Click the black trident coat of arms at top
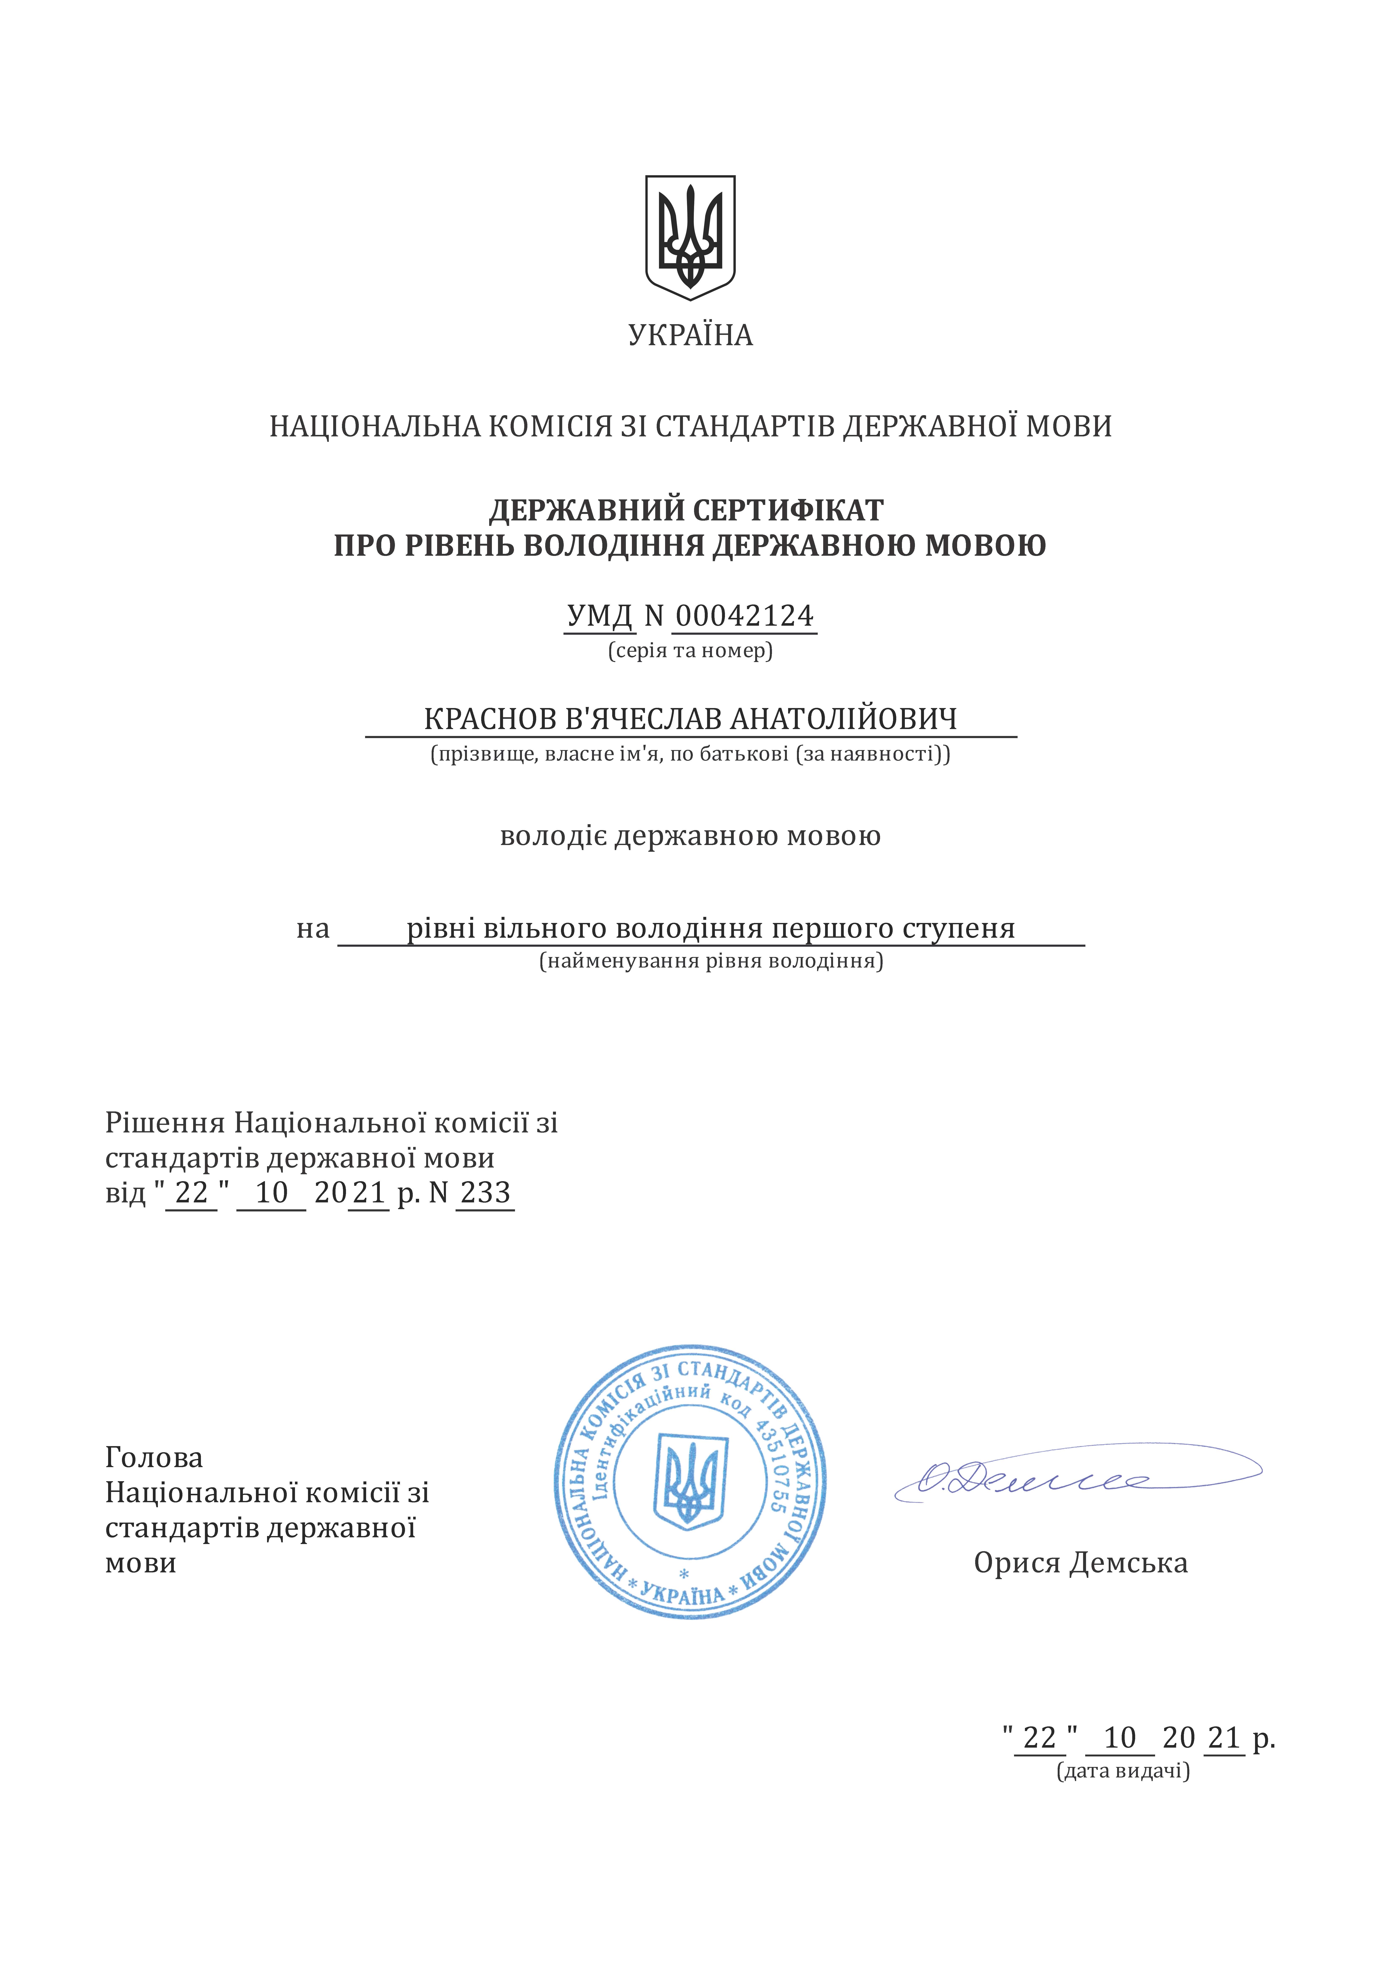(690, 237)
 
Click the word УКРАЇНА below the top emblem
(690, 335)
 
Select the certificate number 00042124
(744, 615)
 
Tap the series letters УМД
(600, 615)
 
